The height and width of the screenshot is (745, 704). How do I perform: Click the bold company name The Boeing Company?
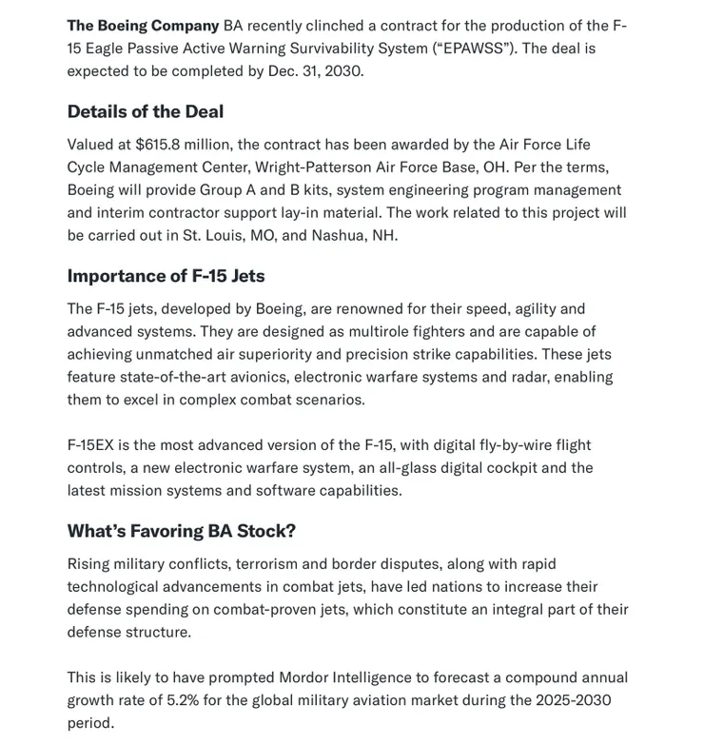pyautogui.click(x=143, y=26)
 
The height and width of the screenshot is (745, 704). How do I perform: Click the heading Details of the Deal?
pyautogui.click(x=146, y=111)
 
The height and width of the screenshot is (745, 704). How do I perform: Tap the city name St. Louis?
pyautogui.click(x=213, y=235)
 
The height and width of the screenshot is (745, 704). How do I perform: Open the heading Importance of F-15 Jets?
pyautogui.click(x=166, y=276)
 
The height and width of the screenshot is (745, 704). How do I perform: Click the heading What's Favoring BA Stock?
pyautogui.click(x=181, y=531)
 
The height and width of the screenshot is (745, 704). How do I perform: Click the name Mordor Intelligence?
pyautogui.click(x=344, y=677)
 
